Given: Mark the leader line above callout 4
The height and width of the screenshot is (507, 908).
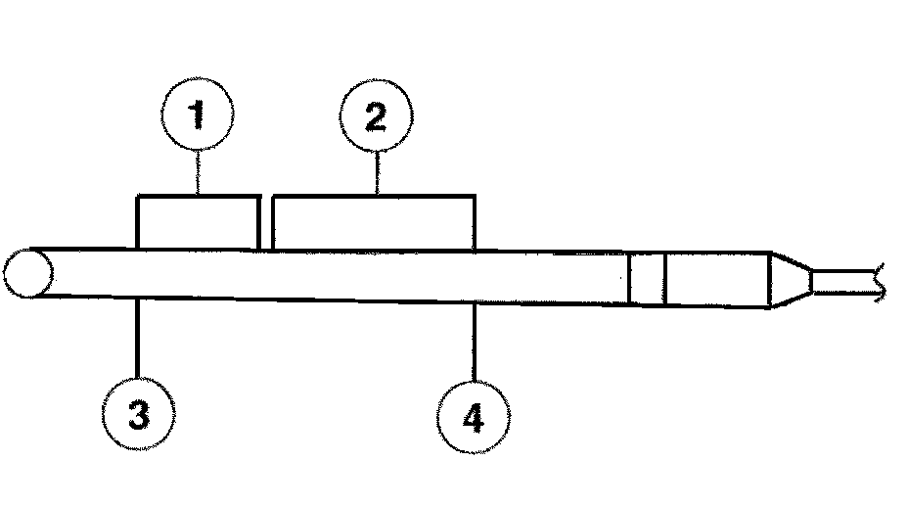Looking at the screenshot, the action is (474, 343).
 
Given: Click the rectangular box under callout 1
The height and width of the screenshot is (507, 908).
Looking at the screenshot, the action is (196, 222).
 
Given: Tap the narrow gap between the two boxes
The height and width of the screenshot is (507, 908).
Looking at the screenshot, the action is (266, 224).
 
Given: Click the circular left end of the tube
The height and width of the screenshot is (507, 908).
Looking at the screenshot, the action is (27, 272).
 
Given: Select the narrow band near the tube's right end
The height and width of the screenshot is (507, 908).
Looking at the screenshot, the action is (647, 279).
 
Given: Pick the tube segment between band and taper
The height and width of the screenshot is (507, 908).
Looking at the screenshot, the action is (717, 281).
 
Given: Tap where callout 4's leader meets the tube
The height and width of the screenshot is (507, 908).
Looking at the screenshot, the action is (475, 303).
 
